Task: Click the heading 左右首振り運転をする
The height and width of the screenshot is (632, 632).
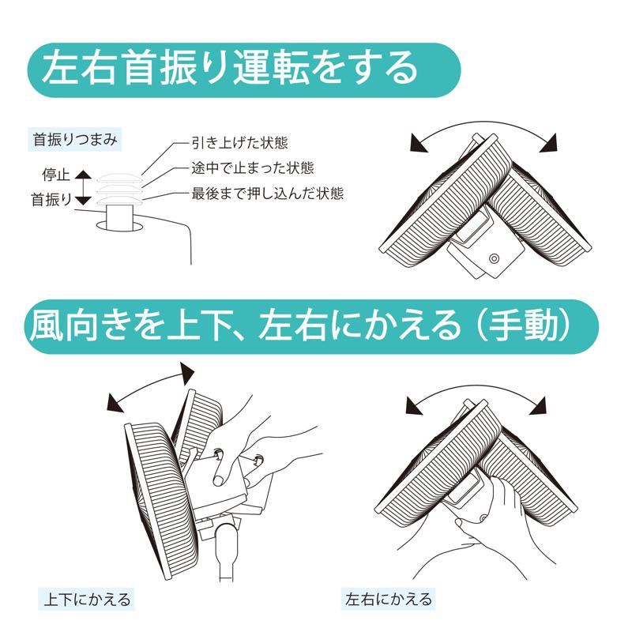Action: pos(230,69)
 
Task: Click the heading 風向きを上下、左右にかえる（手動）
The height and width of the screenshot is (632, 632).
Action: pos(300,325)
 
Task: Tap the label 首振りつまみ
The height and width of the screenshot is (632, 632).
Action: pos(75,140)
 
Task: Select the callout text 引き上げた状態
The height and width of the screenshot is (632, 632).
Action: pos(239,143)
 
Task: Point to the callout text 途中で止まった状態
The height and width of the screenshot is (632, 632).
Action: pos(252,168)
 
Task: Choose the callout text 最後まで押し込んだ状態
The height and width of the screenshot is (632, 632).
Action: pos(267,194)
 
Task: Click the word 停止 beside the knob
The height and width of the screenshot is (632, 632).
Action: pos(56,175)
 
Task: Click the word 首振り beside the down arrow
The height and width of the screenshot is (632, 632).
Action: pos(51,200)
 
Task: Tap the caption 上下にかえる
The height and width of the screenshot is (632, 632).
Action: pos(87,600)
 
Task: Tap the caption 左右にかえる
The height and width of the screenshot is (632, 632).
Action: pos(389,599)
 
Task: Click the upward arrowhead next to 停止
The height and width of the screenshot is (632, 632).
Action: pos(84,174)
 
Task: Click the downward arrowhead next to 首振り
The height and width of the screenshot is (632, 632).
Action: pos(84,201)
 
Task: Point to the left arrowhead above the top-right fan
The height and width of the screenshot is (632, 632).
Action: pos(418,144)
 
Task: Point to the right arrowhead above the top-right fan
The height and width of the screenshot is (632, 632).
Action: pos(549,144)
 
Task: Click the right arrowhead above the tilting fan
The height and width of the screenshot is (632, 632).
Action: pos(187,373)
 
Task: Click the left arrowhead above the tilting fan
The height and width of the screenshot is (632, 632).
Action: pos(115,404)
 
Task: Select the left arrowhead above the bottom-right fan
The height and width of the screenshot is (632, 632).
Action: pos(414,406)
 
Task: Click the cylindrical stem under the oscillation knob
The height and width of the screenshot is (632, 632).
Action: pos(119,218)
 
